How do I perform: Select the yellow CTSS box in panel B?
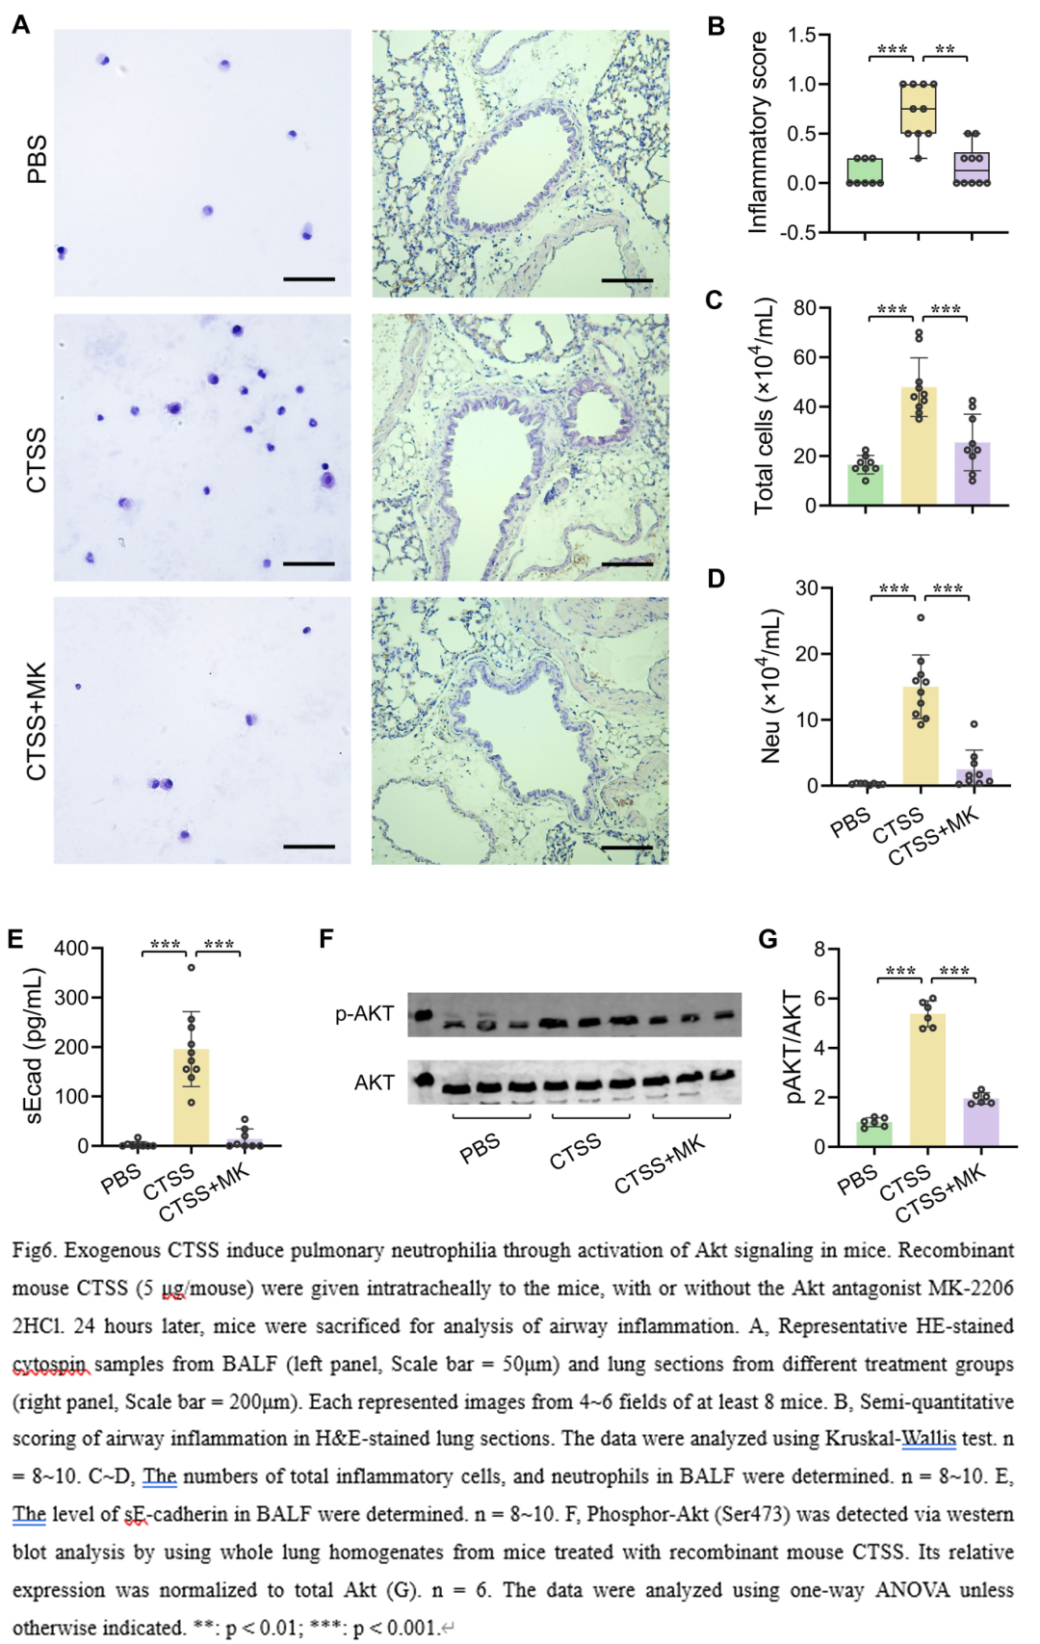[x=918, y=108]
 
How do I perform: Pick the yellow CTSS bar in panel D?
[x=921, y=737]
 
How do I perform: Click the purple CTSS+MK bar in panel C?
[x=973, y=474]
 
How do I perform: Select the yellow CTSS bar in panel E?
[x=191, y=1098]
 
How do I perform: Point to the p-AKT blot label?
[x=365, y=1013]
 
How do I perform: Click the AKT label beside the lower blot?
[x=375, y=1083]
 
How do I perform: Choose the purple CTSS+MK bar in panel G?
[x=980, y=1122]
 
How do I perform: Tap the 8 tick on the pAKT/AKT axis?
[x=819, y=950]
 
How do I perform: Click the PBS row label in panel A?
[x=37, y=160]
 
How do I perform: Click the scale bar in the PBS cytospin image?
[x=309, y=279]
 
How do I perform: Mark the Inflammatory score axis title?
[x=759, y=132]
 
